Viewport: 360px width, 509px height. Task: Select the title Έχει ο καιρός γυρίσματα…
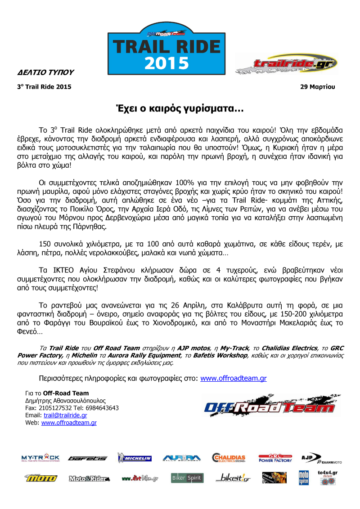pos(180,109)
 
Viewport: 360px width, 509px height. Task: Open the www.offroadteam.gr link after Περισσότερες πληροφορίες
pos(233,378)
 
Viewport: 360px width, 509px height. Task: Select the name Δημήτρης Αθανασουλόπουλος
pos(66,400)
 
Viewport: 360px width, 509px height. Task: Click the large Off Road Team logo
pos(269,407)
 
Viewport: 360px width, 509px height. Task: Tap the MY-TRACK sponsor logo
pos(41,458)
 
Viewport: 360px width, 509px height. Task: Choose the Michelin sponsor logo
pos(134,458)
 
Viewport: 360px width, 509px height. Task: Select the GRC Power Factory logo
pos(275,458)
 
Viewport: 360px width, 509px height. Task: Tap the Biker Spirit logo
pos(187,478)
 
